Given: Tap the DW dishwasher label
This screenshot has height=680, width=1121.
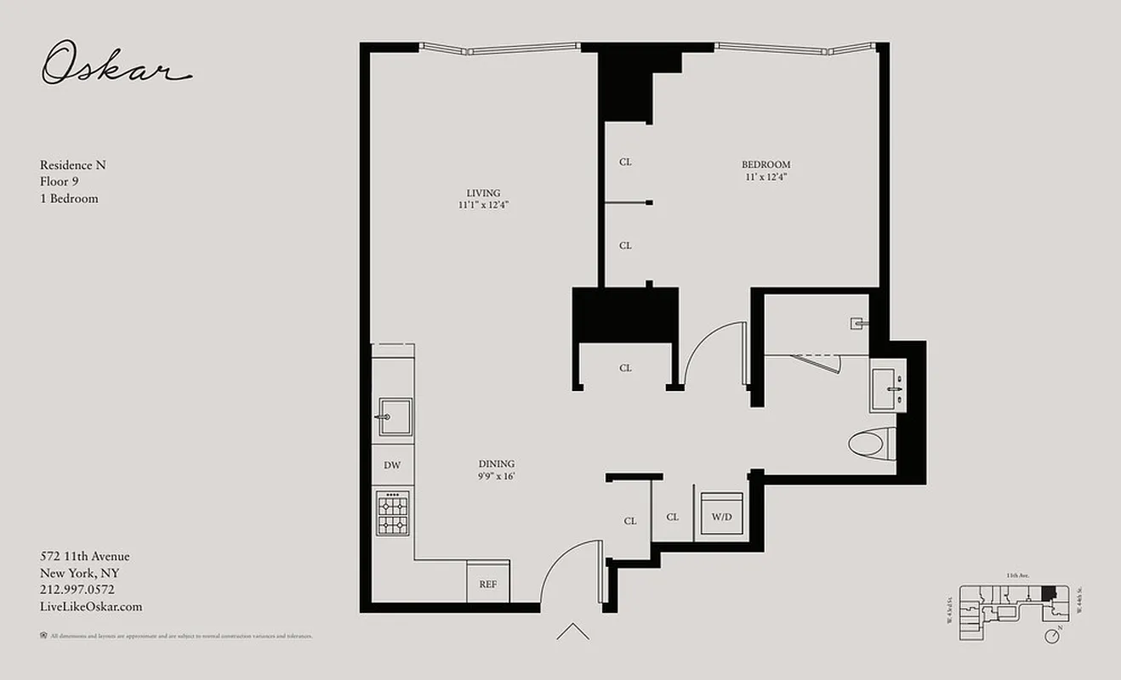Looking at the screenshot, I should point(391,465).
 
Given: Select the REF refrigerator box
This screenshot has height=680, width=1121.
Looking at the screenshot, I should point(488,585).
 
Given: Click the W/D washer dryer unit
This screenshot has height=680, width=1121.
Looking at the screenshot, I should point(721,516).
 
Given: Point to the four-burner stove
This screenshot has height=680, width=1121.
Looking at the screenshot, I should point(392,513).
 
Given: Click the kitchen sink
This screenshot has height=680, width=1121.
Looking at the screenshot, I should point(395,416).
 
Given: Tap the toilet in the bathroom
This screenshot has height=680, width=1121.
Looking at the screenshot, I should point(872,442).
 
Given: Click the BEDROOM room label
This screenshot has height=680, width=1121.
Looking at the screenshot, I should point(765,165).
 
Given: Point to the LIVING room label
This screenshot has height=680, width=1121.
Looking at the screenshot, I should point(483,193).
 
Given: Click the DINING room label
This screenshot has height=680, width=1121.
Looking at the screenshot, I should point(496,464).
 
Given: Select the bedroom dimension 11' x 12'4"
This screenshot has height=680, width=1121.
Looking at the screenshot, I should point(765,178).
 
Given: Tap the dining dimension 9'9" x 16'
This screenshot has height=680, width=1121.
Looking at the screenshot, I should point(496,477).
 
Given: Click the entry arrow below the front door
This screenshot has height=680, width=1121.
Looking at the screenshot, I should point(572,632).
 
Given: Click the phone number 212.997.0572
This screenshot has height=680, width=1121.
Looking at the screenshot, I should point(77,590).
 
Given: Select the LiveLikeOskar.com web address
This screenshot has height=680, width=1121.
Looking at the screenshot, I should point(91,607).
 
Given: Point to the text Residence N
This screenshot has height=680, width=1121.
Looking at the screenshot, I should point(73,165).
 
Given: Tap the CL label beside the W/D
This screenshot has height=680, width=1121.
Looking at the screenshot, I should point(673,517).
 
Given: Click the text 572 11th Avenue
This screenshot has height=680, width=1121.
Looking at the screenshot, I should point(85,557).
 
